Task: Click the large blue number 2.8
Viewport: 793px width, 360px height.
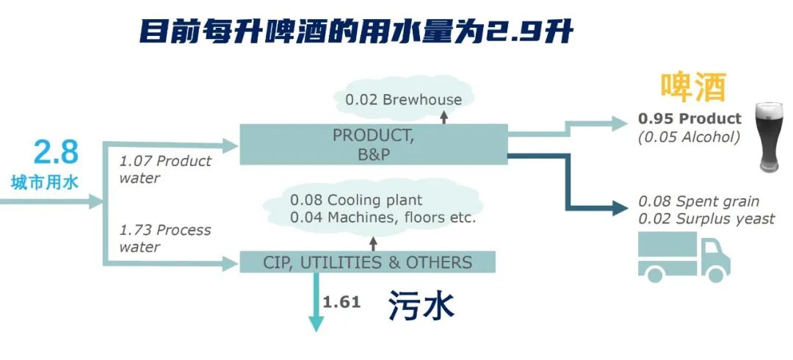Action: [x=56, y=152]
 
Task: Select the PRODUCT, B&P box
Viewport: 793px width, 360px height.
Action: [x=374, y=144]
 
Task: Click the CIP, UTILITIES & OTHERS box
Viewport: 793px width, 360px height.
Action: [x=367, y=262]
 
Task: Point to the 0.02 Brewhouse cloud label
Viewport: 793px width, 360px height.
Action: [x=402, y=99]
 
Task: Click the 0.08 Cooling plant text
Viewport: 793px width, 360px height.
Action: [x=356, y=200]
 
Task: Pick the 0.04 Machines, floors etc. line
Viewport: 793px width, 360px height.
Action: [x=383, y=218]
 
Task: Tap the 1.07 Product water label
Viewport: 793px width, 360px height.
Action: [x=165, y=169]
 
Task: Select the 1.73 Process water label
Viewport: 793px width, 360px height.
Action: [x=165, y=238]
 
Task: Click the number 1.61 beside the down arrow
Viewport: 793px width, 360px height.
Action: [x=341, y=301]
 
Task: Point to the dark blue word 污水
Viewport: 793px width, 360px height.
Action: [x=421, y=306]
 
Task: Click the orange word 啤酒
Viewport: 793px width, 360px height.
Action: [x=692, y=87]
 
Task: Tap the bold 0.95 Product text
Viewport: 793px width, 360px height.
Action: [x=689, y=119]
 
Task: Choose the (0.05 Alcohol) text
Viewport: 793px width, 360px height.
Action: [x=689, y=137]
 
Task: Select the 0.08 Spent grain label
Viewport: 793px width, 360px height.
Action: [x=698, y=201]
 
